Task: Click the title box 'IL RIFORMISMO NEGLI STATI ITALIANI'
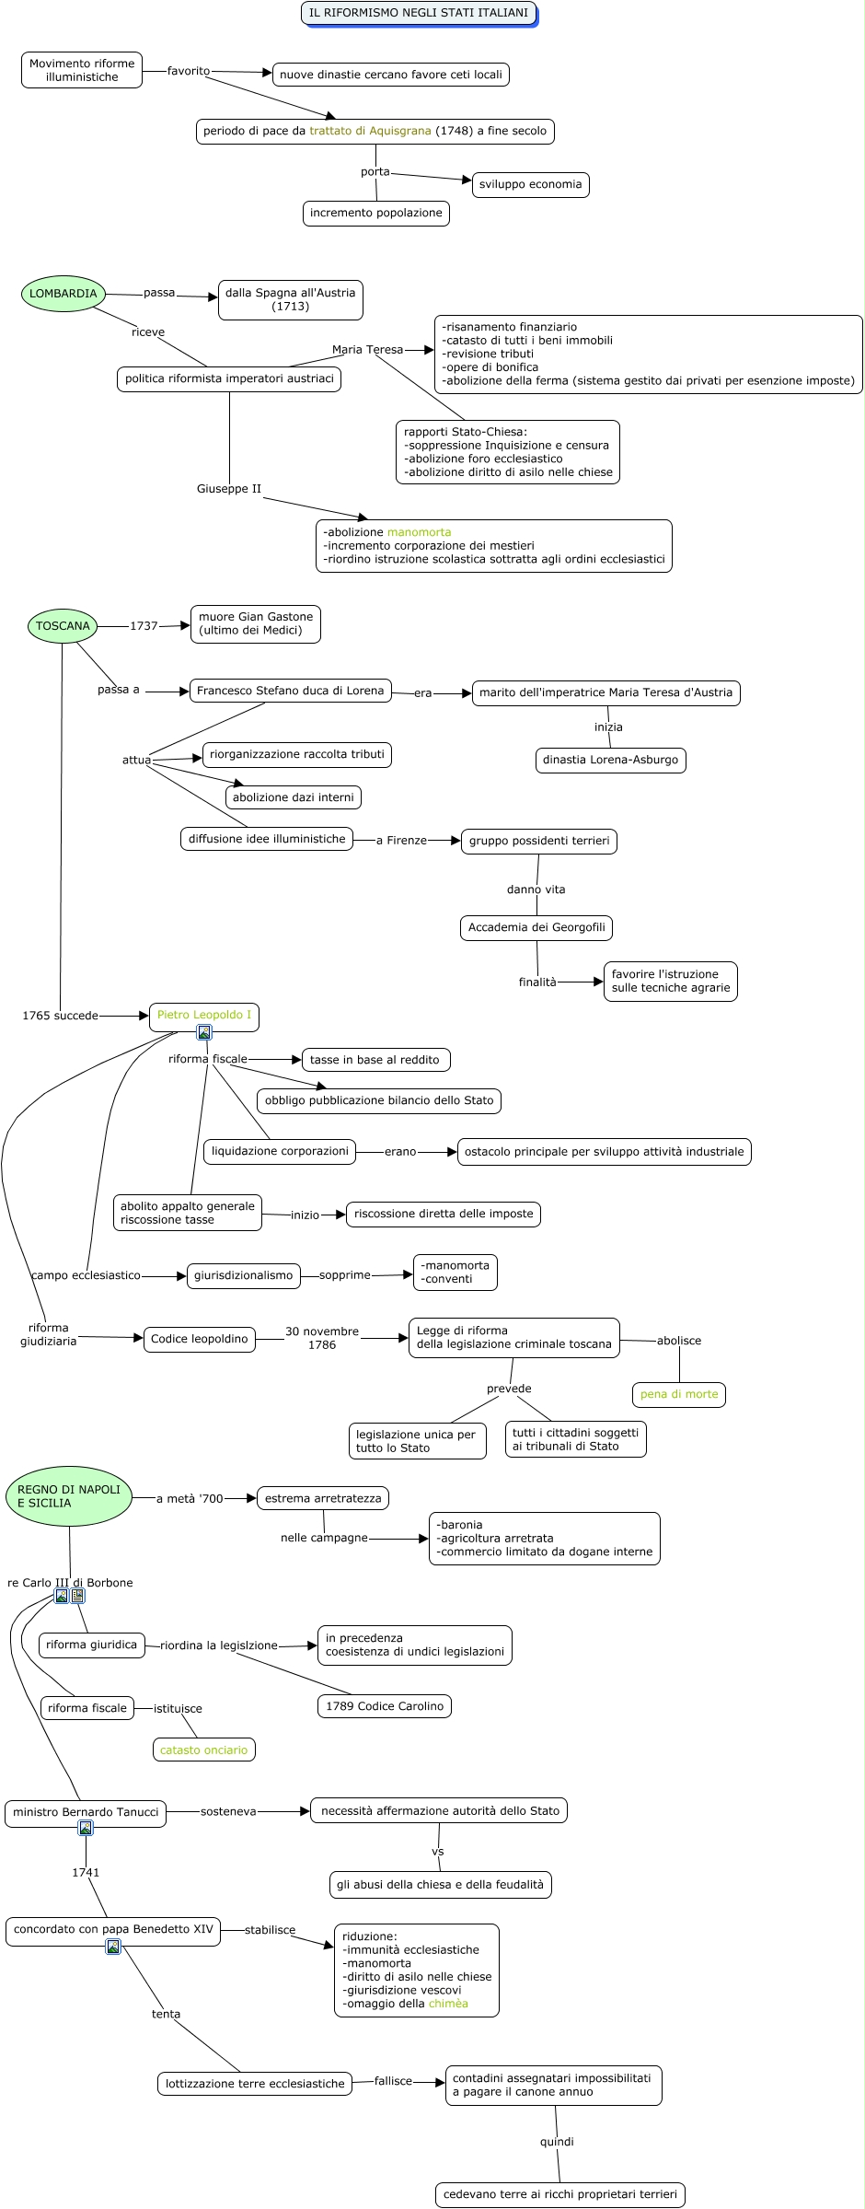[x=419, y=13]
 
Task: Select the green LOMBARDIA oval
[x=63, y=294]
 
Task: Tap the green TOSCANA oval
[x=63, y=626]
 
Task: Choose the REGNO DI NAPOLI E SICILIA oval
[x=69, y=1495]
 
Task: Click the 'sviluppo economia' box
[x=530, y=184]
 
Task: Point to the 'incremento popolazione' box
[x=376, y=213]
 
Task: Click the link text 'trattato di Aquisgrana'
[x=370, y=131]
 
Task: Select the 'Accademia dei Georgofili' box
[x=536, y=927]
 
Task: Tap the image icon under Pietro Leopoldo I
[x=204, y=1032]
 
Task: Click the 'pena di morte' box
[x=679, y=1394]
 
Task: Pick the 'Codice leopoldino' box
[x=200, y=1339]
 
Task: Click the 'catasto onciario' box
[x=204, y=1750]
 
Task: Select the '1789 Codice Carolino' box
[x=385, y=1706]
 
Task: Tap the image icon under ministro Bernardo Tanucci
[x=86, y=1828]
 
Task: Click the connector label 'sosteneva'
[x=228, y=1811]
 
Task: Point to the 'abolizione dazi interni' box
[x=294, y=797]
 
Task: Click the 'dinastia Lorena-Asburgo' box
[x=611, y=760]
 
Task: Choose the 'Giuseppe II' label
[x=229, y=489]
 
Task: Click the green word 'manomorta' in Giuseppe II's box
[x=419, y=532]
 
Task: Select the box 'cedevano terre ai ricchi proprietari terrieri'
[x=560, y=2194]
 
